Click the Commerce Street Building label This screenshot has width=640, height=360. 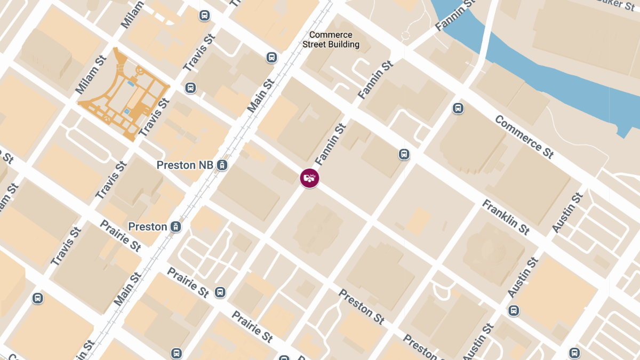coord(331,40)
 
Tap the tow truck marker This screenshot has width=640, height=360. coord(309,178)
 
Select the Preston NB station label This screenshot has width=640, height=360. coord(184,165)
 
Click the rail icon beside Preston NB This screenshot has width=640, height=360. coord(222,165)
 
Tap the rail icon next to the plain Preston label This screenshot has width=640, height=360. coord(175,227)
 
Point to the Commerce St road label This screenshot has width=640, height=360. coord(524,137)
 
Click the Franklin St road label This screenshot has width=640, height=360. coord(506,217)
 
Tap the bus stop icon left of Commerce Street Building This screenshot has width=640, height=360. coord(271,58)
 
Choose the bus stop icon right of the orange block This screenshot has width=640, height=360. coord(190,88)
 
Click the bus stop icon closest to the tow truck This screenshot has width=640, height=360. coord(404,155)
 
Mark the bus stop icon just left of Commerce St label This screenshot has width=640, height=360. coord(458,108)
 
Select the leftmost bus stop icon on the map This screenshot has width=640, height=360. coord(37,298)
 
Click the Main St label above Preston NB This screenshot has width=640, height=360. coord(261,96)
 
